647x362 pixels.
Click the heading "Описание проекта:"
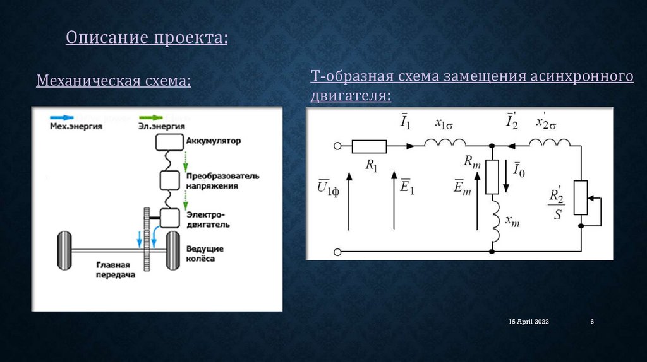(147, 37)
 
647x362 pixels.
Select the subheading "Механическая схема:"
(114, 81)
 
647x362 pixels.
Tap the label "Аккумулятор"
(213, 141)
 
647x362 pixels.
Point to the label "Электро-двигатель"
(208, 219)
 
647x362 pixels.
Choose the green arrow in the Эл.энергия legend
(150, 118)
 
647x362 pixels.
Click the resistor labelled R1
(369, 146)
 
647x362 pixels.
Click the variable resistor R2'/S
(579, 199)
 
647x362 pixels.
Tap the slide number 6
(592, 322)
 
